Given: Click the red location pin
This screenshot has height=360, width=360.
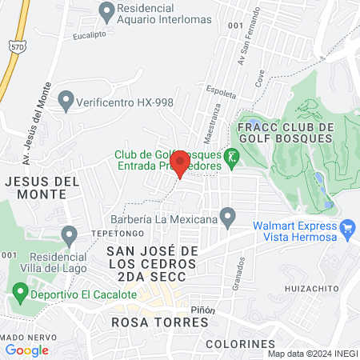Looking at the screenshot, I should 180,162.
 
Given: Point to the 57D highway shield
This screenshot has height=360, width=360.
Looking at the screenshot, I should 16,50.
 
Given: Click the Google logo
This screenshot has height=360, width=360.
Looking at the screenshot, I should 27,350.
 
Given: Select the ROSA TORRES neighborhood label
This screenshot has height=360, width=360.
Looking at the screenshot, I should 160,322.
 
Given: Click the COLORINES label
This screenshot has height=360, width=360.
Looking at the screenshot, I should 240,344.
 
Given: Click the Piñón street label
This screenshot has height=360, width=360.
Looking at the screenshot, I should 203,310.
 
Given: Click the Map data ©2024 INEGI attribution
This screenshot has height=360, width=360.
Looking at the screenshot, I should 313,354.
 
